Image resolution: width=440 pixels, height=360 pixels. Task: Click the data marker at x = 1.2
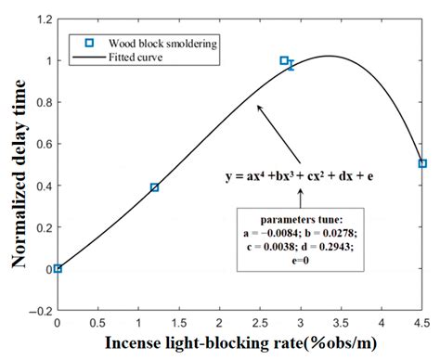(155, 187)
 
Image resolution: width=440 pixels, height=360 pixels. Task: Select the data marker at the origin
(58, 268)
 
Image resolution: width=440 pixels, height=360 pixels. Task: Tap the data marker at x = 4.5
(422, 163)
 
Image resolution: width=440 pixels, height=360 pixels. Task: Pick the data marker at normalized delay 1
(284, 60)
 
